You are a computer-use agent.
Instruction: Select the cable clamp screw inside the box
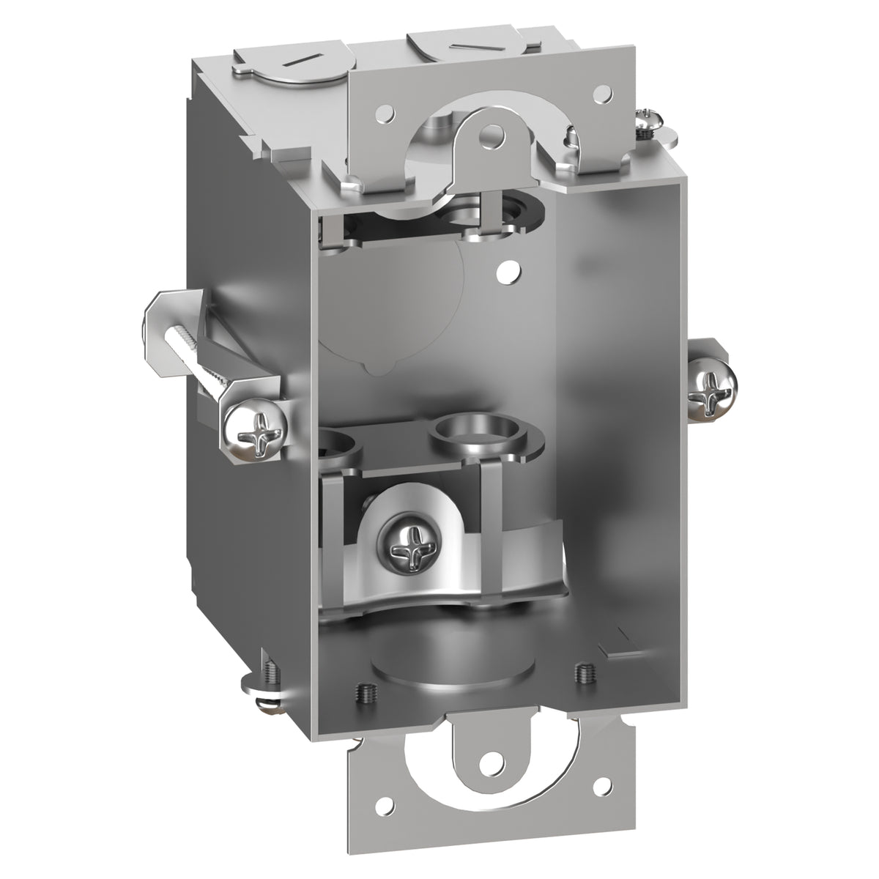click(403, 541)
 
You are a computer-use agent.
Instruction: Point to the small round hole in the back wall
click(504, 272)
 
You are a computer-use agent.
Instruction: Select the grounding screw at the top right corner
click(651, 119)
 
